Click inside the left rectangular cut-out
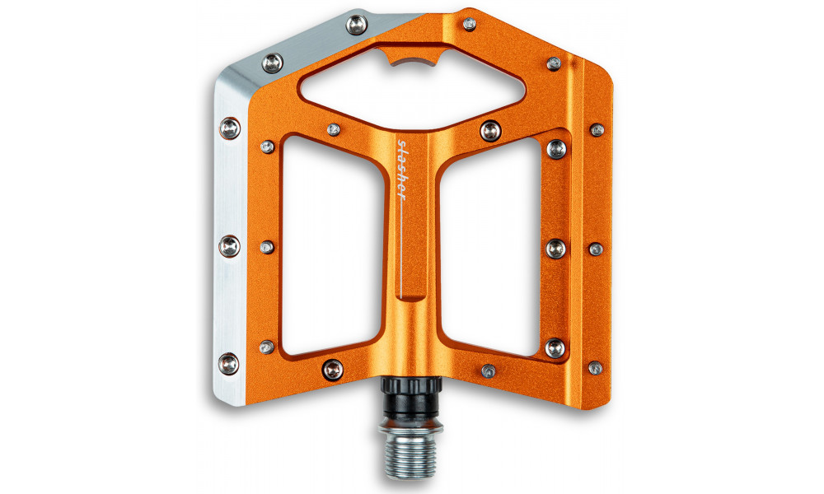(x=329, y=247)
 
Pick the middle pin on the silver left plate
(x=230, y=245)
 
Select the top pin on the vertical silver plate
(x=230, y=128)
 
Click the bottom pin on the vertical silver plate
(x=229, y=361)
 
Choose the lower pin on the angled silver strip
(x=273, y=62)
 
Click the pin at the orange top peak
(x=469, y=25)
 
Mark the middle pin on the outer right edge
(x=596, y=249)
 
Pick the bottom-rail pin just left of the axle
(x=333, y=369)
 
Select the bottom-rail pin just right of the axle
(x=489, y=370)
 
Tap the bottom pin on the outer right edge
(x=595, y=368)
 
